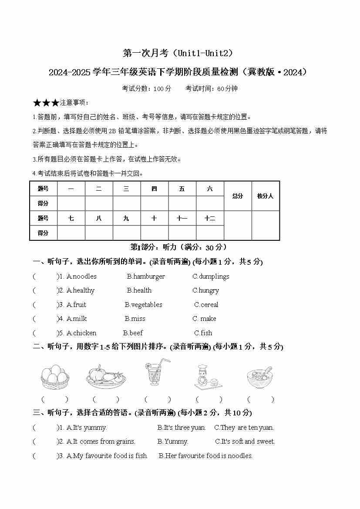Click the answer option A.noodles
(81, 276)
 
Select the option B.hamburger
(146, 276)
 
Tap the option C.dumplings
(211, 276)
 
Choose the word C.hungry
(205, 290)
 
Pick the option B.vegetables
(143, 305)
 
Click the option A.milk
(77, 319)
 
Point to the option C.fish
(203, 333)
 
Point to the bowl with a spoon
(260, 377)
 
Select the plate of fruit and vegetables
(106, 376)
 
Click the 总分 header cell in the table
(238, 196)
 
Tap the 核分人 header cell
(265, 196)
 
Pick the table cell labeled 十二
(210, 218)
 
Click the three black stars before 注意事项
(46, 103)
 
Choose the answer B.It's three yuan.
(182, 428)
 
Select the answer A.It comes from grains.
(101, 442)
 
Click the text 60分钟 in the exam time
(227, 88)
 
